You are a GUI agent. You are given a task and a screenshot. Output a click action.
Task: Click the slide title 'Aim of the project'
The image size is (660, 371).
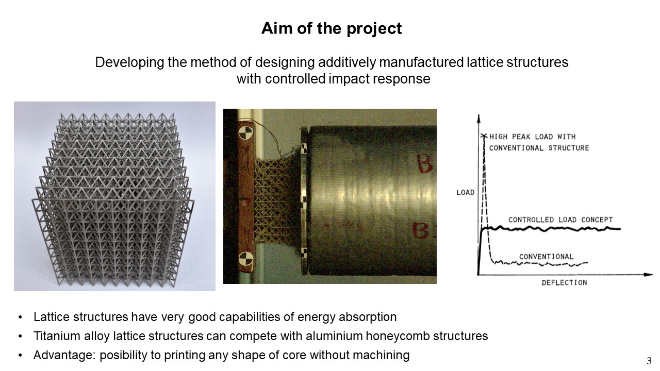(332, 29)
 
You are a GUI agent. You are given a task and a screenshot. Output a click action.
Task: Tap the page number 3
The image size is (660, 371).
(649, 361)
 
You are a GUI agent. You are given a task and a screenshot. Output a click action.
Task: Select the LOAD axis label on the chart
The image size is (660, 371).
(466, 193)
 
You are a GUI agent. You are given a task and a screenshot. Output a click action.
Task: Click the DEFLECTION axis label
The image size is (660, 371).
(564, 283)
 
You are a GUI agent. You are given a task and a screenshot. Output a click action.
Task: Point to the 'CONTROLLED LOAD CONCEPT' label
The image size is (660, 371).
(560, 220)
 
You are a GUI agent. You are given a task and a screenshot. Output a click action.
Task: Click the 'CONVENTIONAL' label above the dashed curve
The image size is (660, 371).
(546, 257)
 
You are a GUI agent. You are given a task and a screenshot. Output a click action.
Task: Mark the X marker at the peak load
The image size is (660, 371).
(484, 136)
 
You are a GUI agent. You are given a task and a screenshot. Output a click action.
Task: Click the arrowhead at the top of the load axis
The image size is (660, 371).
(478, 118)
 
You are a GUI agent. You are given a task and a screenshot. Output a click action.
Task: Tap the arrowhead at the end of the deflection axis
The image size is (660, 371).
(648, 275)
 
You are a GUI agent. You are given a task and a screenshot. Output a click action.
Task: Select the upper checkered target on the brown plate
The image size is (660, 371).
(245, 133)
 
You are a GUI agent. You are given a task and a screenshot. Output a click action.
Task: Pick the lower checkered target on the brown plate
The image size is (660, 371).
(246, 259)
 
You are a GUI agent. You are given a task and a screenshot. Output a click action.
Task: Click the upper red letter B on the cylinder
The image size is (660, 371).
(424, 164)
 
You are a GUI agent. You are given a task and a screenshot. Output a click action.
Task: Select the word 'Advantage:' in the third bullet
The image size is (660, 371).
(64, 356)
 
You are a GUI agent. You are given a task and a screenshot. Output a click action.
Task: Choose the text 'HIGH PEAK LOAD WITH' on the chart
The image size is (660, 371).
(533, 137)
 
